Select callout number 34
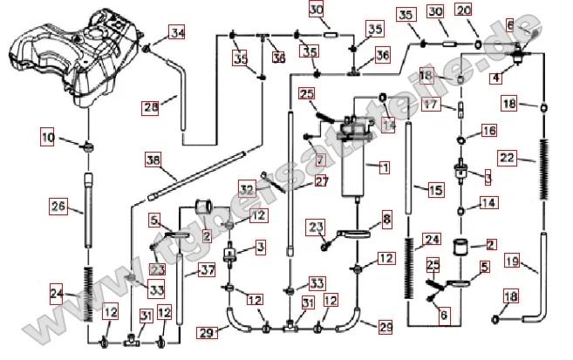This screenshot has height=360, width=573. click(177, 33)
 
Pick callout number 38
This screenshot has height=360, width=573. click(153, 160)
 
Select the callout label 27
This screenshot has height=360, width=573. click(297, 181)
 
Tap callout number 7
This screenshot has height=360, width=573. click(320, 160)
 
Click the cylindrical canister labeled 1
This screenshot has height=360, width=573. click(358, 174)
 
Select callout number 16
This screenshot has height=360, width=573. click(488, 130)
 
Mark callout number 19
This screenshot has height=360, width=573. click(512, 261)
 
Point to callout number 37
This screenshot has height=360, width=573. click(207, 270)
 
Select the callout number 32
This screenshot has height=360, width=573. click(247, 188)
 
